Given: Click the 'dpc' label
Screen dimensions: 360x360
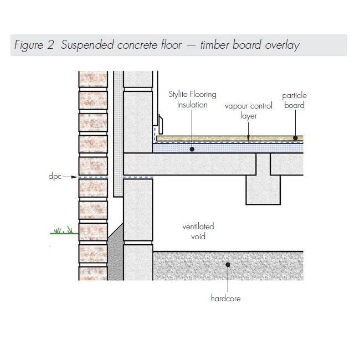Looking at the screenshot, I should pos(55,177).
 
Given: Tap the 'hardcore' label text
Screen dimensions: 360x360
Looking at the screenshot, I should pos(225,299).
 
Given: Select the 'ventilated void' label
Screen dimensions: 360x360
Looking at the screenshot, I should pos(198,232).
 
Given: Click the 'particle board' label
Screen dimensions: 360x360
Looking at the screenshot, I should pos(294,100).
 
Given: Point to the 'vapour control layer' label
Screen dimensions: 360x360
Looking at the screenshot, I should pos(248,110).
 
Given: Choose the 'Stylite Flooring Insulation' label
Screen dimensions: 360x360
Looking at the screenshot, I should pos(192,99).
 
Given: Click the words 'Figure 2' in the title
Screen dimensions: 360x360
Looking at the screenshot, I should pos(34,45).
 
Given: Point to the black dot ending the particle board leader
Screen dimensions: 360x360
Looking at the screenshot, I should pos(295,138).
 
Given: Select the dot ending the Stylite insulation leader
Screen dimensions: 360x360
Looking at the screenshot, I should pos(192,148).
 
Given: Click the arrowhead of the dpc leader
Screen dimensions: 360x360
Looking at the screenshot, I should pos(76,177).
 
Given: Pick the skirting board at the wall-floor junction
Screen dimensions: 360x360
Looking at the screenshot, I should pos(158,125).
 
